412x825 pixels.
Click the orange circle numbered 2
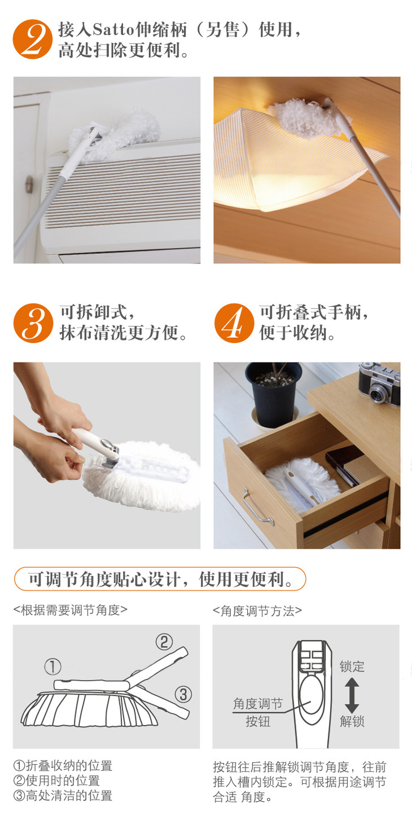pyautogui.click(x=32, y=39)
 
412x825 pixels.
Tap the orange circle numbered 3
pyautogui.click(x=33, y=323)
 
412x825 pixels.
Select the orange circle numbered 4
pyautogui.click(x=234, y=323)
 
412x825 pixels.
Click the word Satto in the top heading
pyautogui.click(x=113, y=29)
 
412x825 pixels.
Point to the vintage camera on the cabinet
pyautogui.click(x=380, y=384)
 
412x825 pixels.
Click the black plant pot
pyautogui.click(x=273, y=394)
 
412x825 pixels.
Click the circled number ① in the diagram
pyautogui.click(x=52, y=667)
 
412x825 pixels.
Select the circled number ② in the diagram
pyautogui.click(x=164, y=642)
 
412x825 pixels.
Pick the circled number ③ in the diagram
pyautogui.click(x=183, y=695)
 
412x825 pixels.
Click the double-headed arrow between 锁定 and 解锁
pyautogui.click(x=352, y=696)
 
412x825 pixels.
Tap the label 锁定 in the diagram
pyautogui.click(x=352, y=667)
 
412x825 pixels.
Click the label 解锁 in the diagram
pyautogui.click(x=352, y=721)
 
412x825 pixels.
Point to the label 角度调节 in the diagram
pyautogui.click(x=257, y=703)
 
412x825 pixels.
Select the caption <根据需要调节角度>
pyautogui.click(x=71, y=610)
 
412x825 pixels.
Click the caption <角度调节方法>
pyautogui.click(x=257, y=611)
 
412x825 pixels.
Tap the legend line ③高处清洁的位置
pyautogui.click(x=63, y=795)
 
